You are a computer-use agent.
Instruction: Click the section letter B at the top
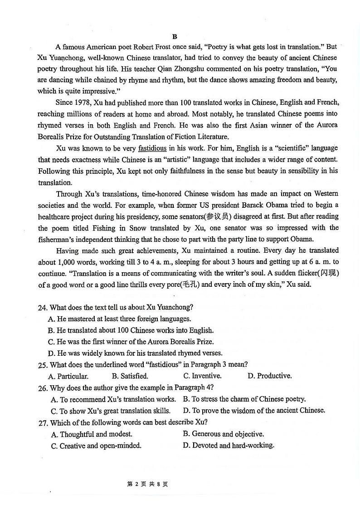pos(175,36)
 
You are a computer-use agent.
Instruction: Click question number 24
pos(43,308)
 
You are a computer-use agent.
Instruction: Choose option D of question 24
pos(135,353)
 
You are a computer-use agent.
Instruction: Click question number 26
pos(43,388)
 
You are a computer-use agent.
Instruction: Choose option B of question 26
pos(244,399)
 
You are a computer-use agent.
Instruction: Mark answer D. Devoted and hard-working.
pos(229,445)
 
